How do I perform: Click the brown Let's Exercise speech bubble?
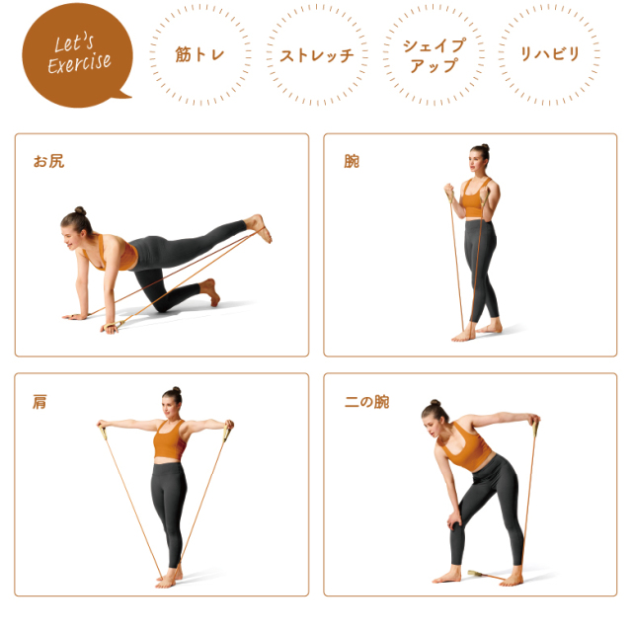point(77,55)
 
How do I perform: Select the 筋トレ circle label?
point(199,54)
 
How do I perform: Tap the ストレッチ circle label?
point(317,55)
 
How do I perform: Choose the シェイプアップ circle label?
point(434,55)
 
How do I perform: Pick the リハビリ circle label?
point(549,54)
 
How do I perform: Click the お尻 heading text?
point(48,161)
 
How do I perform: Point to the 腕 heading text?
point(352,161)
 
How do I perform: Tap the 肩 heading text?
point(39,402)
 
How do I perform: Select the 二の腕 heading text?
point(366,402)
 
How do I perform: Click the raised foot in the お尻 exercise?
point(259,228)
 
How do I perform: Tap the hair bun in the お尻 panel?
point(80,210)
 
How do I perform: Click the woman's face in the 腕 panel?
point(476,160)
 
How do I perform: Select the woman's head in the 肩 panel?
point(172,402)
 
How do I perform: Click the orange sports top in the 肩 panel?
point(170,440)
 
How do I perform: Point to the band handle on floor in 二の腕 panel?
point(476,573)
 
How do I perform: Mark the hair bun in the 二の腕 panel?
point(434,403)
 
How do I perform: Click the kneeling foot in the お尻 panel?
point(210,291)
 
